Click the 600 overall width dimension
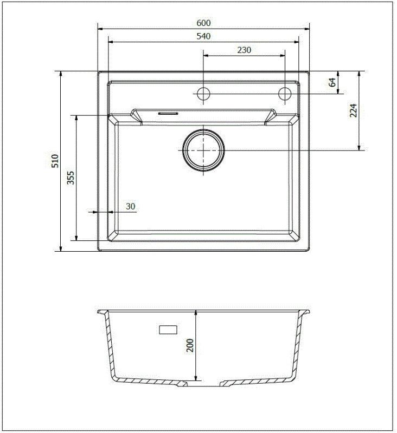coord(203,23)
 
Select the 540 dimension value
coord(203,36)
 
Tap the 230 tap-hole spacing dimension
coord(244,50)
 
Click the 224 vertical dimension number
coord(353,110)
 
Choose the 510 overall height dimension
coord(54,161)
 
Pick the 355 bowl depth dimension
coord(71,178)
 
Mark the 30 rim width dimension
coord(130,206)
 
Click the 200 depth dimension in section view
coord(190,345)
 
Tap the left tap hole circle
coord(203,94)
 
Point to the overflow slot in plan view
coord(168,114)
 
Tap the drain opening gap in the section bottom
coord(203,385)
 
